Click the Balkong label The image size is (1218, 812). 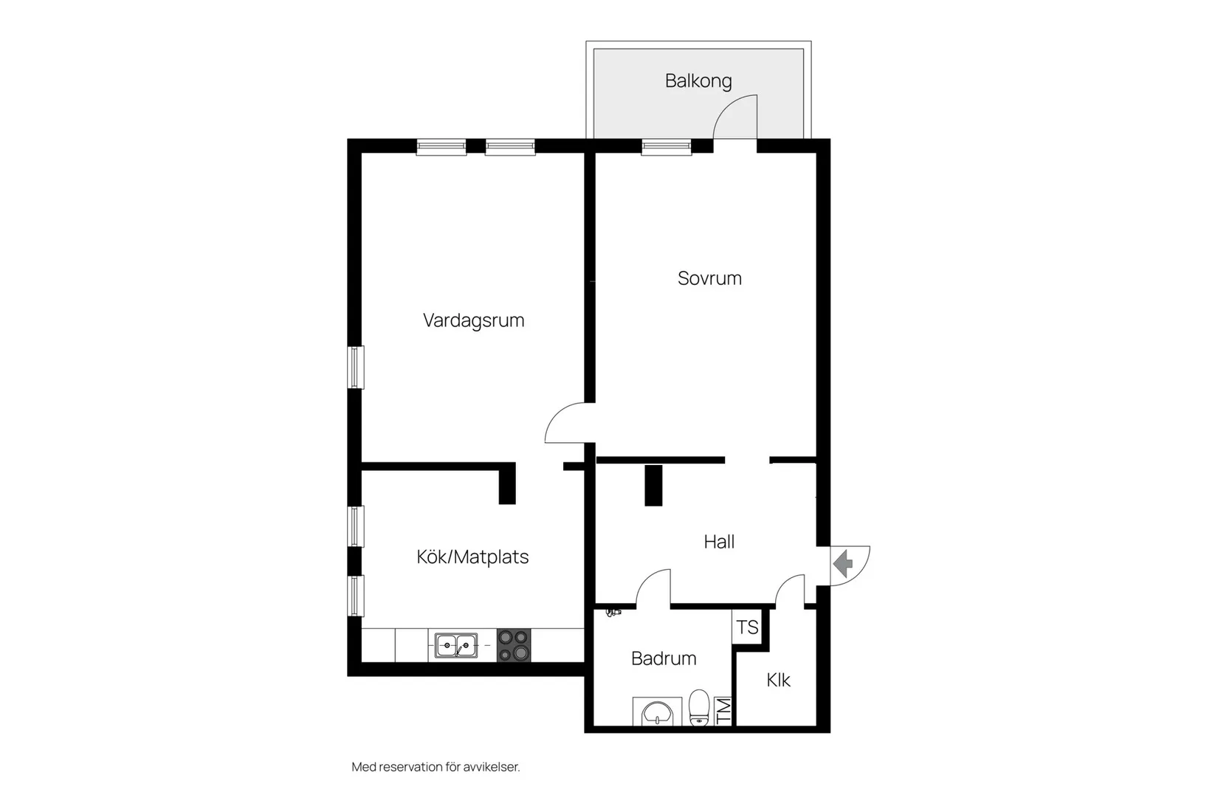pyautogui.click(x=698, y=80)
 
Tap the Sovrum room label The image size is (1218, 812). pyautogui.click(x=709, y=278)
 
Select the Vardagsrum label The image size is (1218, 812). pyautogui.click(x=473, y=320)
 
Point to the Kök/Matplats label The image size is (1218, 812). pyautogui.click(x=472, y=557)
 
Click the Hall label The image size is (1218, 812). pyautogui.click(x=719, y=542)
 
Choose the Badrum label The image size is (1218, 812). pyautogui.click(x=664, y=658)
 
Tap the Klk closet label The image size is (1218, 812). pyautogui.click(x=778, y=680)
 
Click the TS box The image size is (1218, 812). pyautogui.click(x=747, y=627)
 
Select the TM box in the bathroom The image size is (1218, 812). pyautogui.click(x=723, y=711)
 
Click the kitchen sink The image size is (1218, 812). pyautogui.click(x=455, y=646)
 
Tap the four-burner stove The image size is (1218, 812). pyautogui.click(x=514, y=646)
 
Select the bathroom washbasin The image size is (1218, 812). pyautogui.click(x=656, y=712)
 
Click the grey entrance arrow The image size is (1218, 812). pyautogui.click(x=843, y=565)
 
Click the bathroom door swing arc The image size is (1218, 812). pyautogui.click(x=654, y=587)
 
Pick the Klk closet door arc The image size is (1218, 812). pyautogui.click(x=791, y=590)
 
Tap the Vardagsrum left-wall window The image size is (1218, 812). pyautogui.click(x=356, y=367)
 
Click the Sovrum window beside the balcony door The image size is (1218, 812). pyautogui.click(x=667, y=147)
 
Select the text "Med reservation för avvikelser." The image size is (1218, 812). pyautogui.click(x=436, y=767)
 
